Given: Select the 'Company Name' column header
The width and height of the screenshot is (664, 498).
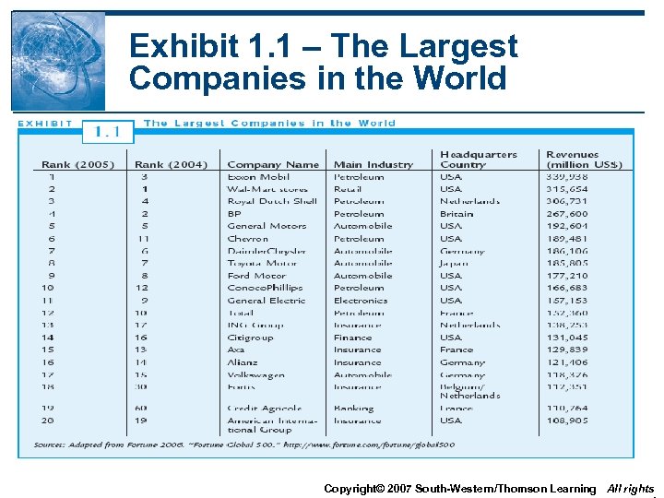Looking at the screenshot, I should coord(273,165).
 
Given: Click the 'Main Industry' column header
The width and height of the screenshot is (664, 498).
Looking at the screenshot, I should coord(373,165).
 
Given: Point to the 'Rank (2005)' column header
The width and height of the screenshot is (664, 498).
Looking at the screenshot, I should coord(77,165).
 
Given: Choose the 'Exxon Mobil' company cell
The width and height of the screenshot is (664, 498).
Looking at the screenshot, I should coord(258,177).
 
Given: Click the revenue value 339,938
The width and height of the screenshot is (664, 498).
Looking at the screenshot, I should coord(567,177).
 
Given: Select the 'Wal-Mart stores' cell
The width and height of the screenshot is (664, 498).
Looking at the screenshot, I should coord(267,189).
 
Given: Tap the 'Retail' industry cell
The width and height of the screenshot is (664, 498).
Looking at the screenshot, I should coord(348,189).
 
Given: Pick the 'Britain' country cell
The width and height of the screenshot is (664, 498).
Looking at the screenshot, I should coord(456,214).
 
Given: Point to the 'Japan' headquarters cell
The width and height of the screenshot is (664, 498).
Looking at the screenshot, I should coord(454,263).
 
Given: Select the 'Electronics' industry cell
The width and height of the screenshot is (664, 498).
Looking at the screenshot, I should coord(361,300).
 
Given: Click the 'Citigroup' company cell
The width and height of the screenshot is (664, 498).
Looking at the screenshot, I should coord(252,338).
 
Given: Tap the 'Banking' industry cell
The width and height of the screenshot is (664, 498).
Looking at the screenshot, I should coord(353,409).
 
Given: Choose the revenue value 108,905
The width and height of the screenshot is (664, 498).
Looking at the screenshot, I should coord(567,421).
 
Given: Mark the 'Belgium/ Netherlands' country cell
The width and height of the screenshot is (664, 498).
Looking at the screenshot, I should coord(469,391).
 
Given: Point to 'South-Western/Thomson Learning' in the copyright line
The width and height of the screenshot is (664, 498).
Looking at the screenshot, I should coord(505,488).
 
